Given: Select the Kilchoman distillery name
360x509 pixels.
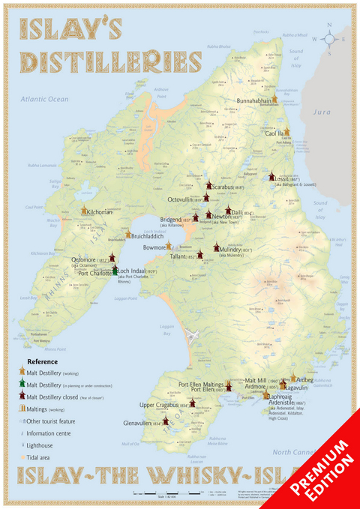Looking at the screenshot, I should point(100,213).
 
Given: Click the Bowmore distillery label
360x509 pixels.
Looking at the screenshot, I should point(154,246).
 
